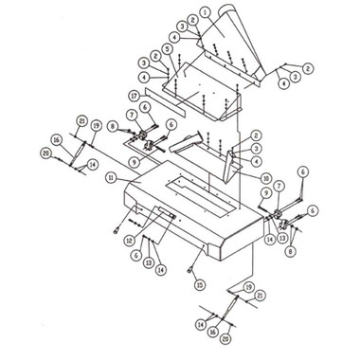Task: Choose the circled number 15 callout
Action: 201,283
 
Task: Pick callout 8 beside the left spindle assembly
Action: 113,125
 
